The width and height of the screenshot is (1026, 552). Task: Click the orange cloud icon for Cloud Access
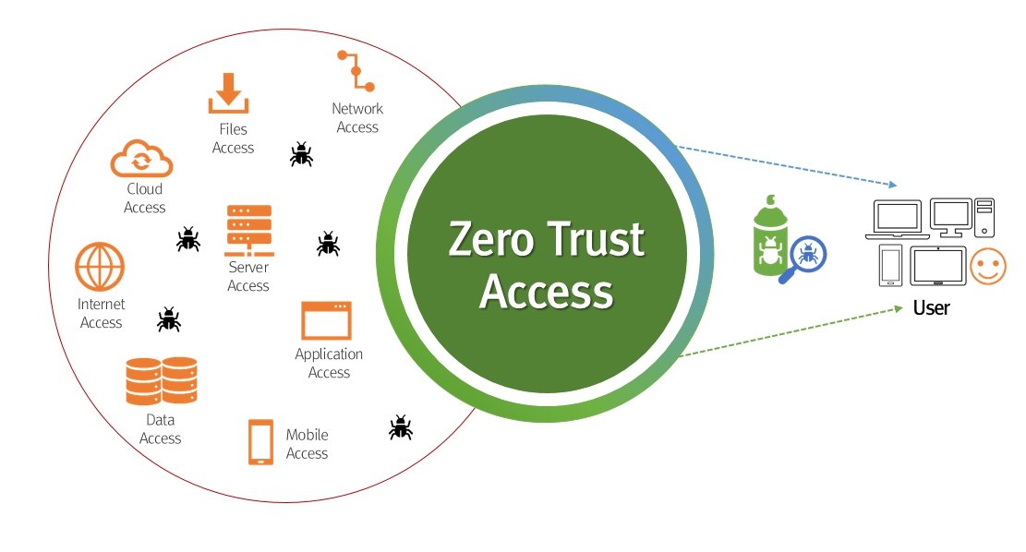141,158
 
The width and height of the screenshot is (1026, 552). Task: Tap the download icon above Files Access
228,93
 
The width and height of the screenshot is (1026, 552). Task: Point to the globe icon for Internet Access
100,267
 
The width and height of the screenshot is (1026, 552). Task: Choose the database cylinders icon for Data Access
162,381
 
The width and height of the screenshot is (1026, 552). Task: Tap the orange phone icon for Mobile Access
260,442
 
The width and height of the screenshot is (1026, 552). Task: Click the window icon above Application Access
326,320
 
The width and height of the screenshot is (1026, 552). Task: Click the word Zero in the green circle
491,240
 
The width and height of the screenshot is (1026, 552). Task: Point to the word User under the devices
931,307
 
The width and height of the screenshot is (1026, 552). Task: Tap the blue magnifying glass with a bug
805,257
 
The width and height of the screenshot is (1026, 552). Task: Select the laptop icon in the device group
896,220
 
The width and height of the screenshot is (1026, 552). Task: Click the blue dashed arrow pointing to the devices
785,165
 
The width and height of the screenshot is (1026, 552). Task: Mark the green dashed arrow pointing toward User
785,333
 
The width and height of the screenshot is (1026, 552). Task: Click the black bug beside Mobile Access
400,426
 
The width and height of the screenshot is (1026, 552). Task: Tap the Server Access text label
248,277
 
